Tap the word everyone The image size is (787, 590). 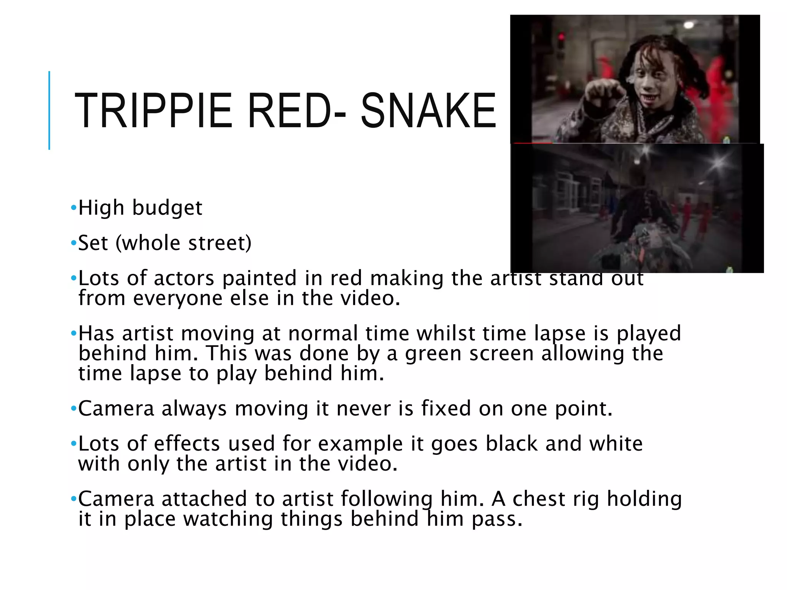[178, 298]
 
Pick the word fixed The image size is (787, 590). [446, 408]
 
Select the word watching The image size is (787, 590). [227, 519]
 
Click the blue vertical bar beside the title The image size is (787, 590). [49, 110]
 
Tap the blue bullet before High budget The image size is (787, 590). [73, 208]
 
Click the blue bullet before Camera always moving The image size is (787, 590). [73, 409]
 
